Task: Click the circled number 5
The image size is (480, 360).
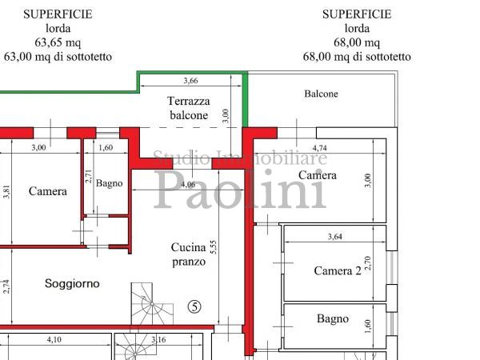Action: [x=194, y=306]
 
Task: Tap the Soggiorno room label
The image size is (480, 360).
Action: [x=72, y=283]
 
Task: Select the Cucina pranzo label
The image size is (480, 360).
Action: [x=188, y=254]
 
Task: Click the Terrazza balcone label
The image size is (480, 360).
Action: [x=189, y=108]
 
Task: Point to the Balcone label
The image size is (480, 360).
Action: [x=321, y=94]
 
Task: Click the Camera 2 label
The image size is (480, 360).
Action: [x=338, y=271]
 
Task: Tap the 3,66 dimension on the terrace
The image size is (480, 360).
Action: [x=190, y=81]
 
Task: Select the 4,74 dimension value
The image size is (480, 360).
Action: [x=319, y=148]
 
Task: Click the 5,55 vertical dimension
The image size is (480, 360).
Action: [x=213, y=247]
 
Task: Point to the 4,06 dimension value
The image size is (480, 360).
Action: [x=188, y=184]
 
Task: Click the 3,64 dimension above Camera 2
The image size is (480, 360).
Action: [x=335, y=236]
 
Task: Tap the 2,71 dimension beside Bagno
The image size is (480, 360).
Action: [x=89, y=176]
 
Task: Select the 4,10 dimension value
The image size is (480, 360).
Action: [x=54, y=339]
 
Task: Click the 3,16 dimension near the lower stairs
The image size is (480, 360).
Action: [x=158, y=339]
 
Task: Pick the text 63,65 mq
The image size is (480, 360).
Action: [x=58, y=42]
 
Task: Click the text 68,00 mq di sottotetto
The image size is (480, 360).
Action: [x=357, y=57]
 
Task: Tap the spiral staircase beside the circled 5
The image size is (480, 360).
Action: [x=152, y=304]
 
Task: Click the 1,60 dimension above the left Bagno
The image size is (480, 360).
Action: [x=106, y=147]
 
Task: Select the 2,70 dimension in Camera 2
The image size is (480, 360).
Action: [x=368, y=263]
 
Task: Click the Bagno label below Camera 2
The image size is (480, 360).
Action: [x=333, y=319]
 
